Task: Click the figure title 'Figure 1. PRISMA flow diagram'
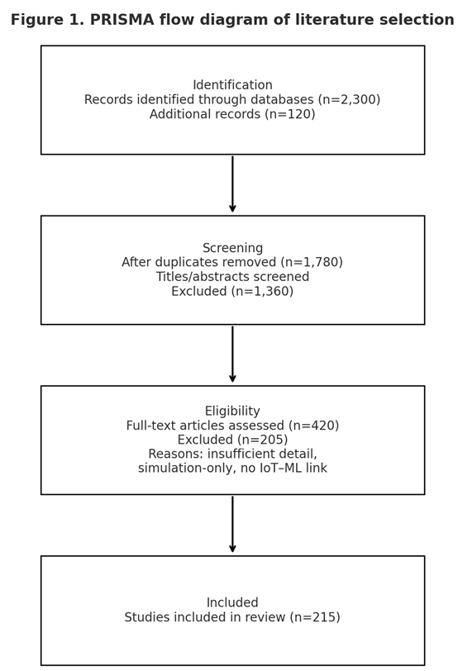(x=232, y=20)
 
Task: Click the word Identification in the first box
(x=232, y=85)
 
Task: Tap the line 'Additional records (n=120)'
(x=232, y=115)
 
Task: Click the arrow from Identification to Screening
(x=232, y=183)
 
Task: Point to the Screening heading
(x=232, y=248)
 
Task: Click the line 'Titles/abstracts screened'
(x=232, y=277)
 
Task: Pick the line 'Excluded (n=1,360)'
(x=232, y=292)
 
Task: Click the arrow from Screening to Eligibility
(x=232, y=354)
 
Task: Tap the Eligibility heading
(x=232, y=412)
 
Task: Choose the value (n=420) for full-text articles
(x=313, y=426)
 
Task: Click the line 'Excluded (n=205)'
(x=232, y=440)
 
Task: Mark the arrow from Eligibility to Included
(x=232, y=524)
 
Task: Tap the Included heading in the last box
(x=232, y=603)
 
